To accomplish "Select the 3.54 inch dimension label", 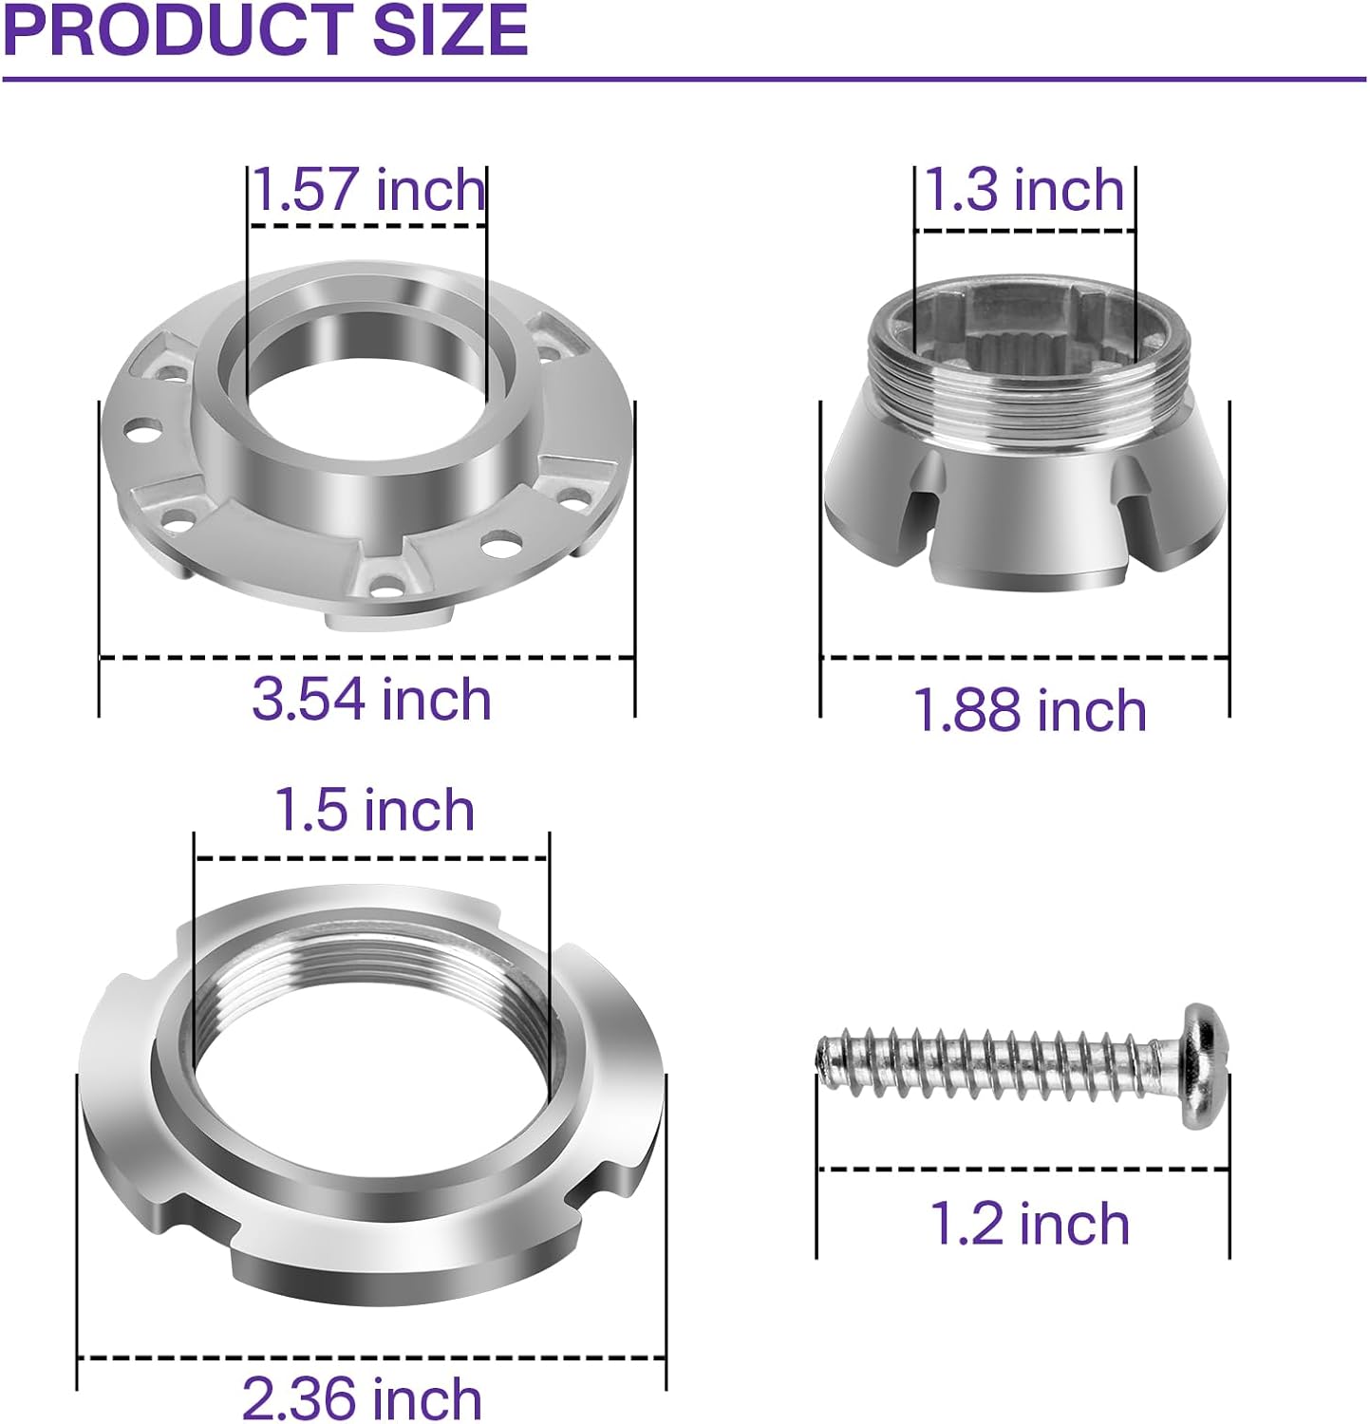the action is pyautogui.click(x=371, y=699).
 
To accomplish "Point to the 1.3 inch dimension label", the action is pyautogui.click(x=1023, y=189).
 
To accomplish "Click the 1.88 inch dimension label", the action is pyautogui.click(x=1029, y=710).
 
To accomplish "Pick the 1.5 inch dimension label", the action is pyautogui.click(x=374, y=810).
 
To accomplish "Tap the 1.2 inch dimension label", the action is pyautogui.click(x=1029, y=1223).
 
